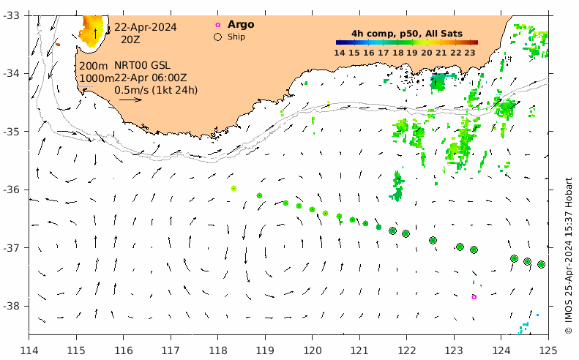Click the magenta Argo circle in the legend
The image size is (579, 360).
[217, 25]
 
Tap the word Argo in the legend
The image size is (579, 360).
[241, 25]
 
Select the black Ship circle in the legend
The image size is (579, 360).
[217, 37]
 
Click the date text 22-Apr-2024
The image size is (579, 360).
[145, 27]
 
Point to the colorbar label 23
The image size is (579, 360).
[470, 53]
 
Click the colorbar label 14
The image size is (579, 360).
[340, 53]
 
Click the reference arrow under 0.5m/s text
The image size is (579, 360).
[130, 100]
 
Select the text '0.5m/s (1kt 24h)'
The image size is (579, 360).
[156, 90]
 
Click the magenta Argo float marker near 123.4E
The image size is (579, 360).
[474, 297]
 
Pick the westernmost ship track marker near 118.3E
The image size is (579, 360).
[234, 188]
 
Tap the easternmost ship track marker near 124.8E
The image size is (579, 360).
[541, 264]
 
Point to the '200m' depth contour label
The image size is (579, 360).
[93, 66]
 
